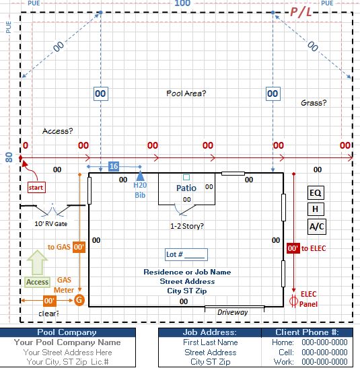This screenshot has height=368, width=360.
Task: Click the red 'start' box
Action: (36, 187)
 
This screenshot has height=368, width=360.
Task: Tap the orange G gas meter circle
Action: (79, 300)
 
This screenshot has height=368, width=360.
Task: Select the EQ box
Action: (316, 193)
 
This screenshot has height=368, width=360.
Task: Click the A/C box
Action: (316, 227)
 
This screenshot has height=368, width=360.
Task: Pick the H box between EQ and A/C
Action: (316, 209)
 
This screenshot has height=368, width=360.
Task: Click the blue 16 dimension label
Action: (114, 166)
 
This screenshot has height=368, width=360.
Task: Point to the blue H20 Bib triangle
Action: (140, 176)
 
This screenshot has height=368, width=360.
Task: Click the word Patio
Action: (186, 188)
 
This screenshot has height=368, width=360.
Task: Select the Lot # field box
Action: (186, 254)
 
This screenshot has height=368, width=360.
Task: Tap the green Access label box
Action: (37, 282)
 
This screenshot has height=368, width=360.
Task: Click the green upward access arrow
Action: (37, 262)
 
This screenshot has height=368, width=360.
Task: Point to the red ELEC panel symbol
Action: (293, 301)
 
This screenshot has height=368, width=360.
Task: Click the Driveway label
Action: (232, 312)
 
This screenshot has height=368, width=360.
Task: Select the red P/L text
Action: (301, 11)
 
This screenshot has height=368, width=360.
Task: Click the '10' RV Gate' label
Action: (51, 223)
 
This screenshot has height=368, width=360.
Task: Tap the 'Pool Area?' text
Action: (186, 94)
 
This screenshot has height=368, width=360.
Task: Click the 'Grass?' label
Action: (314, 103)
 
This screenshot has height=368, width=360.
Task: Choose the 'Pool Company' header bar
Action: (67, 332)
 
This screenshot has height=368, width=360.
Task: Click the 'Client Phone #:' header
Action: (307, 332)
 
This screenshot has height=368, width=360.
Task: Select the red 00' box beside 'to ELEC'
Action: (293, 248)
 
